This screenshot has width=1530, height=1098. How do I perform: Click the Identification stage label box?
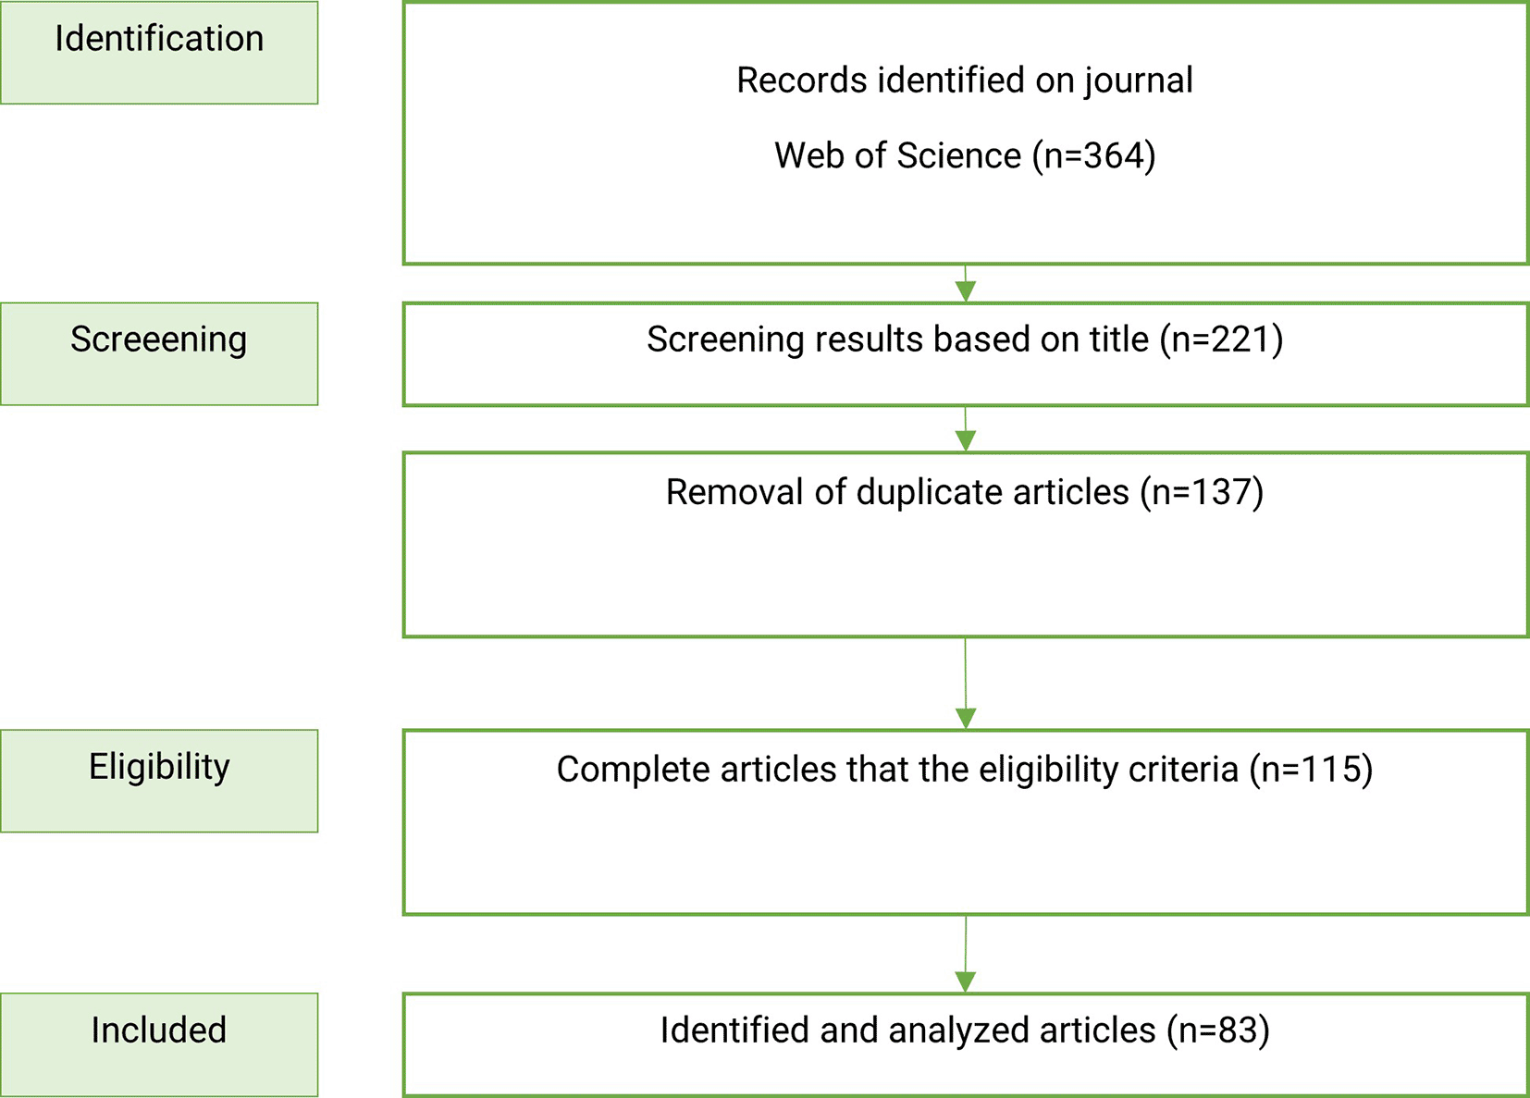[159, 53]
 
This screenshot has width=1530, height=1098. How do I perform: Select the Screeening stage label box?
[159, 353]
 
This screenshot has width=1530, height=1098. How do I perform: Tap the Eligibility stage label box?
[159, 781]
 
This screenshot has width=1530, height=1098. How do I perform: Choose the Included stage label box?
[159, 1044]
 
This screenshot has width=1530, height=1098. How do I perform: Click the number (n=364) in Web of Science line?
[1094, 156]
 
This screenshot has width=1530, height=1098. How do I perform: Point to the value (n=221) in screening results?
[1221, 340]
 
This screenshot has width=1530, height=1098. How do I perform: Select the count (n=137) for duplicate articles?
[1203, 493]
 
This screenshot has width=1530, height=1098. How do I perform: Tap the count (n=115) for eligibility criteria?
[1312, 771]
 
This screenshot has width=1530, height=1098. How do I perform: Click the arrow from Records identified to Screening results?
[965, 283]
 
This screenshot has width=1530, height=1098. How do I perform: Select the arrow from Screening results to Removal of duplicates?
[965, 429]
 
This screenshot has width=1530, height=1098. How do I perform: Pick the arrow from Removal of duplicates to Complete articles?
[965, 684]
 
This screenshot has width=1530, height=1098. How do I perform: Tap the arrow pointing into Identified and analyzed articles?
[965, 954]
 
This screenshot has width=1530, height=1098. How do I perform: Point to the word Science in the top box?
[959, 155]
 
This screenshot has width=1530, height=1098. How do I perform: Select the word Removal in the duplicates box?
[734, 492]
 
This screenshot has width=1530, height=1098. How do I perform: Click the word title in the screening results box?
[1119, 339]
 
